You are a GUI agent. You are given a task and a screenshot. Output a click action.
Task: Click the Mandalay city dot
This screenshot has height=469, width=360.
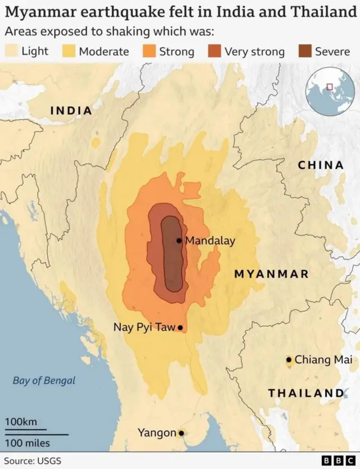point(179,241)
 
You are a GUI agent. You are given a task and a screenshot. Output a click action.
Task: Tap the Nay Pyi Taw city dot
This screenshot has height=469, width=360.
point(180,327)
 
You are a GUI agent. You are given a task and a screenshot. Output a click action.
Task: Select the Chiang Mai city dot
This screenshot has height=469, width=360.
point(289,359)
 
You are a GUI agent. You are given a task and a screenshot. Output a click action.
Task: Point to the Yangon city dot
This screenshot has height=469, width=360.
point(181,433)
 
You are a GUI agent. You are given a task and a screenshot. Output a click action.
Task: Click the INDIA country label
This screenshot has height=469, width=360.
point(71,110)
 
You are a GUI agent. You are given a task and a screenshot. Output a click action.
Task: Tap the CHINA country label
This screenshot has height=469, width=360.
point(321,165)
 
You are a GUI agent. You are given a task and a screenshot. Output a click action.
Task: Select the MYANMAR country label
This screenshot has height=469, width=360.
point(272,274)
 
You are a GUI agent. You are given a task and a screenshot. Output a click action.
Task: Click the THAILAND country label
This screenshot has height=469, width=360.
point(305,393)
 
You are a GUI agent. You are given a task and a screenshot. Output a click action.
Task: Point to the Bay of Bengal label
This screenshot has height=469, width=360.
point(44,381)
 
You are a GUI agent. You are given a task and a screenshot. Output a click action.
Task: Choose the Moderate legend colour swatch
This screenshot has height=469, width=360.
point(69,52)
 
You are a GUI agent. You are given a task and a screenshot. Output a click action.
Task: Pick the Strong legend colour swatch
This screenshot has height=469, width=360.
point(149,52)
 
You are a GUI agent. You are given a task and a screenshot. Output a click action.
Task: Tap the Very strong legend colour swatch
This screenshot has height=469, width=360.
point(214,52)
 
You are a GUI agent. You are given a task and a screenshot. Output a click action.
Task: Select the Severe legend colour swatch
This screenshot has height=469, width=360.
point(304,52)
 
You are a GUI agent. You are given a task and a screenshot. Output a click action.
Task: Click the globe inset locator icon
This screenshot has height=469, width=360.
point(330,90)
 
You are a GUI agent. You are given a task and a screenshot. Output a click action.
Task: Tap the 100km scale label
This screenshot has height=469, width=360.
point(21,422)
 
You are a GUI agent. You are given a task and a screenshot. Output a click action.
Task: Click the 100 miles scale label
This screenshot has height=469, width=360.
point(28,443)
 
